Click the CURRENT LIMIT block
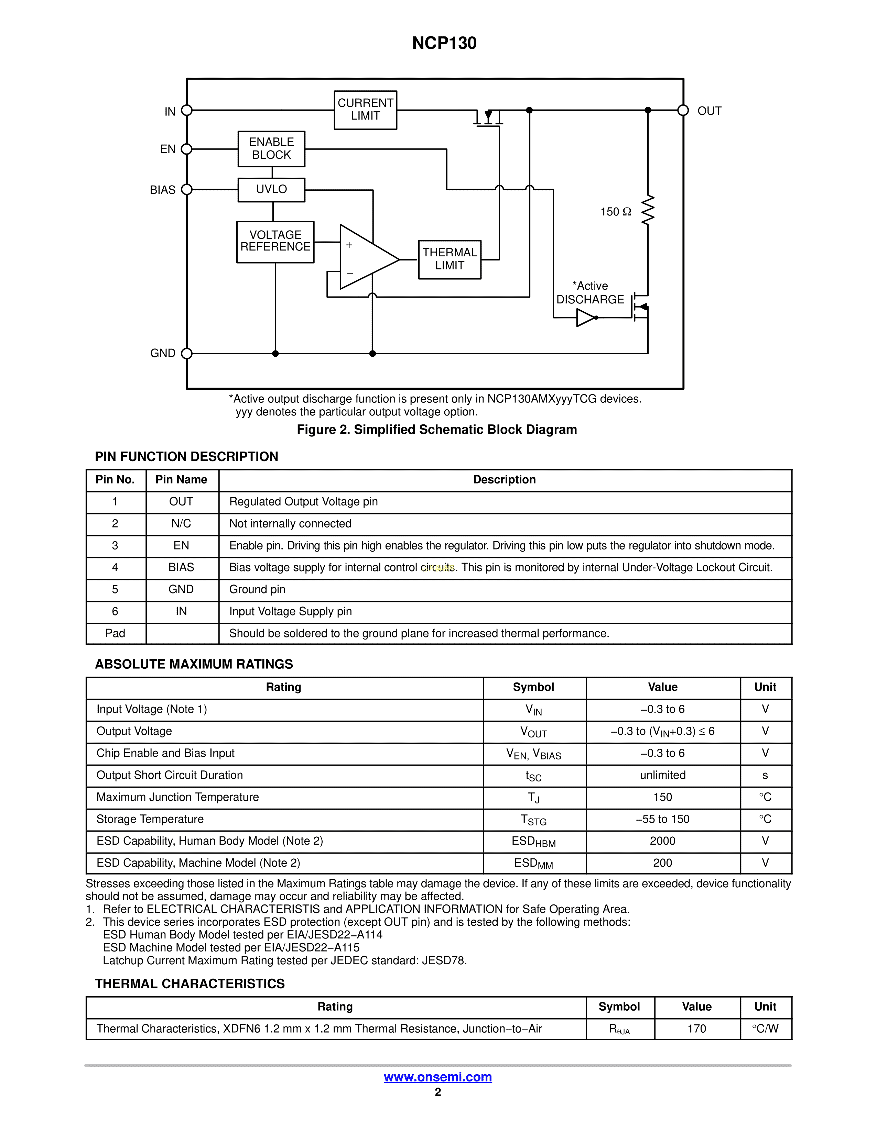point(365,110)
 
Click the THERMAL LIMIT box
point(450,259)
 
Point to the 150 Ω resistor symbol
point(648,210)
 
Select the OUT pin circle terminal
point(683,110)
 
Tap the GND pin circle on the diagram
point(186,354)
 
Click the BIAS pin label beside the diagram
point(163,190)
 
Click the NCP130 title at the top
point(444,43)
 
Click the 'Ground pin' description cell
point(257,589)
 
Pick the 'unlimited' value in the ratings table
point(662,775)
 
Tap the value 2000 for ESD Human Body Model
point(662,841)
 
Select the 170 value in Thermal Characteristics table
point(697,1029)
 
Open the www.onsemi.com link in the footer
point(438,1077)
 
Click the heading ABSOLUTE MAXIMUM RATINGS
point(194,664)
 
